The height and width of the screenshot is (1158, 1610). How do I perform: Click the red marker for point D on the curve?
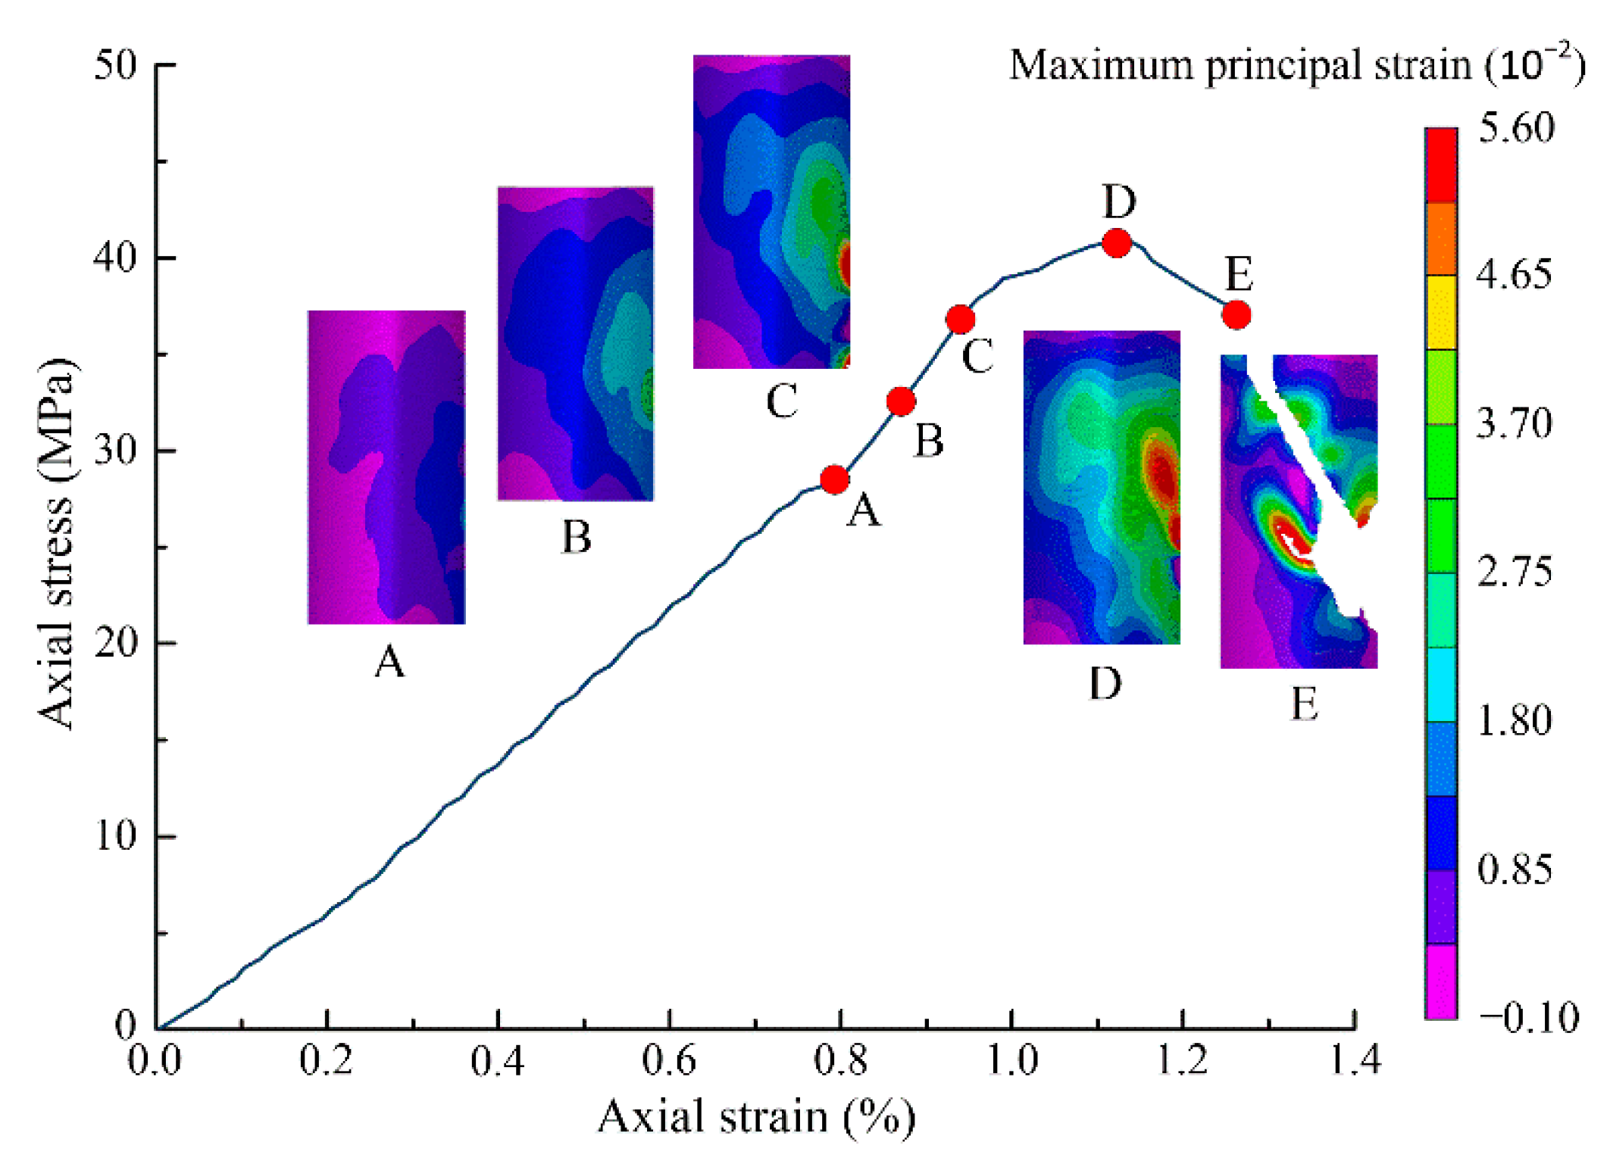(1117, 243)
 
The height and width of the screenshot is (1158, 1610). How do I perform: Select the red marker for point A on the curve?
(834, 479)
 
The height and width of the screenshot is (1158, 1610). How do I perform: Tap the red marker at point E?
(1236, 314)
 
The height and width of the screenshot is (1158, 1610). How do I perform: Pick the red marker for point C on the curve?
(960, 320)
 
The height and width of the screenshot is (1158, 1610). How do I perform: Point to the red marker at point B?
(901, 401)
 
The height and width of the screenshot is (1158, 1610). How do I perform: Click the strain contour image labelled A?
(386, 467)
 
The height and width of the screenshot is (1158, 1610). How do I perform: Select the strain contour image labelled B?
(575, 343)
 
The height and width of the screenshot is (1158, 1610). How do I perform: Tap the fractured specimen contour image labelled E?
(1299, 511)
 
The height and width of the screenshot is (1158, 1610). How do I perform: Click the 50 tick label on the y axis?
(116, 66)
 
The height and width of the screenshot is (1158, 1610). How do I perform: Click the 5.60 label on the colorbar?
(1516, 128)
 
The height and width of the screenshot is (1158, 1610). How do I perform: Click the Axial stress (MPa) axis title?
(58, 544)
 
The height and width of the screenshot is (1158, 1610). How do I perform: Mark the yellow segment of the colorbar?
(1440, 312)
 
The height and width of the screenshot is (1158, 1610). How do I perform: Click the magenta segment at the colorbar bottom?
(1440, 982)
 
